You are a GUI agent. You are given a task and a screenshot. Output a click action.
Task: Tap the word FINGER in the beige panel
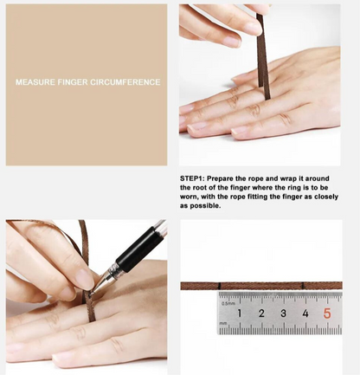[76, 82]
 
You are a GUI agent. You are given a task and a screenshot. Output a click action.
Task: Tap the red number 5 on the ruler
[327, 313]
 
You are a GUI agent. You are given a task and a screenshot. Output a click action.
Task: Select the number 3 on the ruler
[283, 313]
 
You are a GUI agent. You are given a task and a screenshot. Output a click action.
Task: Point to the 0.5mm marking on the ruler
[228, 303]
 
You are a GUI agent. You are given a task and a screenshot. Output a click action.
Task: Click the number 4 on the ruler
[305, 313]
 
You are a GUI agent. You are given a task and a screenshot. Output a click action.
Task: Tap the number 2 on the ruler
[260, 313]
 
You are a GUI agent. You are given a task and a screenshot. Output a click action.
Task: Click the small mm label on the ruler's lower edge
[223, 327]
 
